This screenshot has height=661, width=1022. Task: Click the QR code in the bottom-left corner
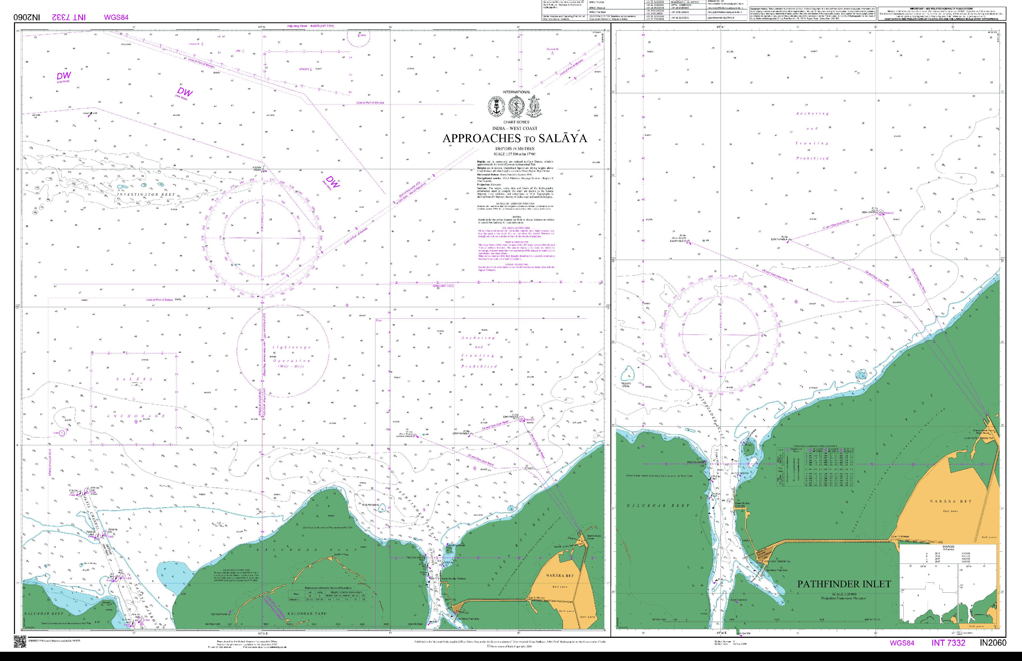coord(20,642)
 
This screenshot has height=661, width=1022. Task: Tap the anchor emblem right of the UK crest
coord(534,107)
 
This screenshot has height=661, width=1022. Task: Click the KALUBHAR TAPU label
coord(307,614)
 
